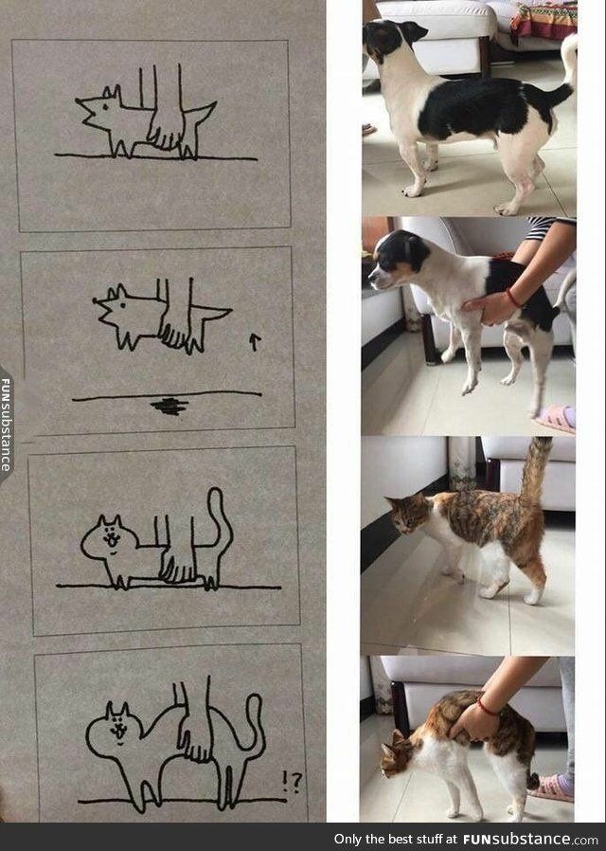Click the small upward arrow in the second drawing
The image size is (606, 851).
coord(255,342)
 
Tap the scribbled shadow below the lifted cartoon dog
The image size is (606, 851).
coord(169,406)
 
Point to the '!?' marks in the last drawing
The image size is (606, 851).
coord(293,782)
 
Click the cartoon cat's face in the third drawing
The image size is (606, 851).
coord(112,538)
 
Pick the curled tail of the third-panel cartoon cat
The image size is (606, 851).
coord(220,521)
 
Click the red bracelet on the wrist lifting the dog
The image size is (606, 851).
coord(513,298)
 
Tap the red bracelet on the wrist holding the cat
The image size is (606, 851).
coord(486,707)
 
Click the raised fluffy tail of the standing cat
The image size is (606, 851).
coord(536,468)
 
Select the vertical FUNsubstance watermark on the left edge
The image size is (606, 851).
coord(6,425)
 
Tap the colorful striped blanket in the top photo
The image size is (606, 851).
coord(544,22)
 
